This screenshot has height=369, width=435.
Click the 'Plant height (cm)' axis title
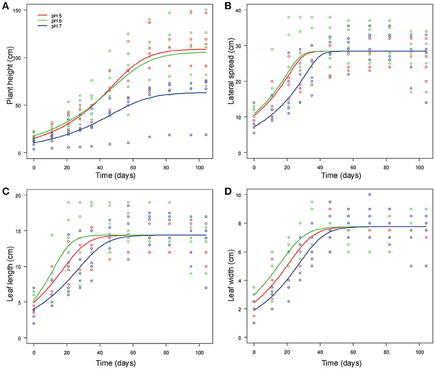tap(9, 82)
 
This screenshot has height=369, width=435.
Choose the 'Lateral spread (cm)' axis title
tap(229, 82)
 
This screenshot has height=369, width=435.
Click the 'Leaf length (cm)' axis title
tap(9, 266)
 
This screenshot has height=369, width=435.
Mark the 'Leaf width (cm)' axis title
tap(229, 266)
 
